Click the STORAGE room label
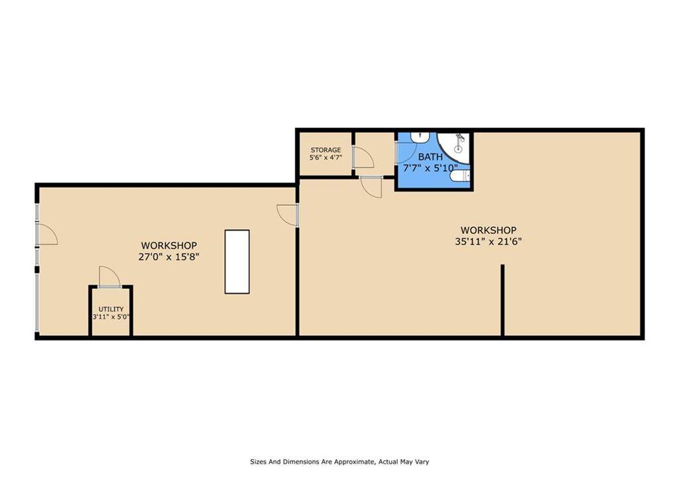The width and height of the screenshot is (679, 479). (326, 150)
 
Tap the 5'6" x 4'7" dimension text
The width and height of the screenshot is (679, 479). (326, 158)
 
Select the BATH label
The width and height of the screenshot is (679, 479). (430, 157)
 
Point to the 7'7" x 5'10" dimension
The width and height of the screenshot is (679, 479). (430, 168)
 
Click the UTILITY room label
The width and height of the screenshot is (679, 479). (111, 309)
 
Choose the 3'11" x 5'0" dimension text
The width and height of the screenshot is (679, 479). (111, 317)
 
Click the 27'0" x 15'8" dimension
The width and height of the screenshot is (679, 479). (169, 256)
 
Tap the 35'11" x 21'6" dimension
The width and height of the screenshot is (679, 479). (488, 241)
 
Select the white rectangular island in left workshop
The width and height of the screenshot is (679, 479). (237, 262)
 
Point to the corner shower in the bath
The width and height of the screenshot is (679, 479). (454, 148)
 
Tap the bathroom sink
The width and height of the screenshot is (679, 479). (420, 137)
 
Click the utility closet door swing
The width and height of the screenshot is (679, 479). (109, 276)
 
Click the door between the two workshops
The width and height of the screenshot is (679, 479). (288, 215)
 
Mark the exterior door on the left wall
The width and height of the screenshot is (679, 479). (46, 235)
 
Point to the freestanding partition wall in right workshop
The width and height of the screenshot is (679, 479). (503, 300)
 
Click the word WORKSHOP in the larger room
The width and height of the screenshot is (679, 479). (488, 230)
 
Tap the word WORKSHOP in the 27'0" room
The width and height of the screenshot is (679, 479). (169, 246)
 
